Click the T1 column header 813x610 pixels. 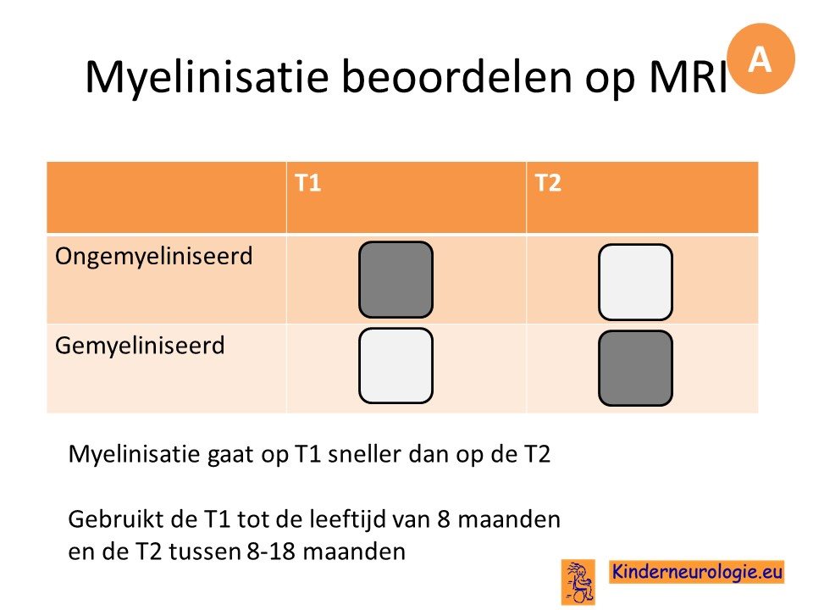pyautogui.click(x=308, y=183)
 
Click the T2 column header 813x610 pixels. pyautogui.click(x=548, y=183)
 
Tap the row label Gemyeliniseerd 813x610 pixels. pyautogui.click(x=140, y=346)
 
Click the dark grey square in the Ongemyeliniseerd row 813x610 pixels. pyautogui.click(x=395, y=280)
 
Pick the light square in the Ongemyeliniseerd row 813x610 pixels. pyautogui.click(x=636, y=282)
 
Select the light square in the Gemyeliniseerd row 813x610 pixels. pyautogui.click(x=395, y=366)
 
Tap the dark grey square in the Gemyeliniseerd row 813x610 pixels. pyautogui.click(x=636, y=369)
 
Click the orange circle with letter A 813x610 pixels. pyautogui.click(x=760, y=58)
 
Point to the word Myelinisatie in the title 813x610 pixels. pyautogui.click(x=207, y=77)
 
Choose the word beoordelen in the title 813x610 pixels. pyautogui.click(x=456, y=77)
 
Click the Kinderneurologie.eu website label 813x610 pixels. pyautogui.click(x=697, y=572)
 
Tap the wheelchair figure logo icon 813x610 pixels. pyautogui.click(x=578, y=582)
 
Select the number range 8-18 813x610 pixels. pyautogui.click(x=271, y=552)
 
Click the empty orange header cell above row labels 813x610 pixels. pyautogui.click(x=167, y=197)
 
